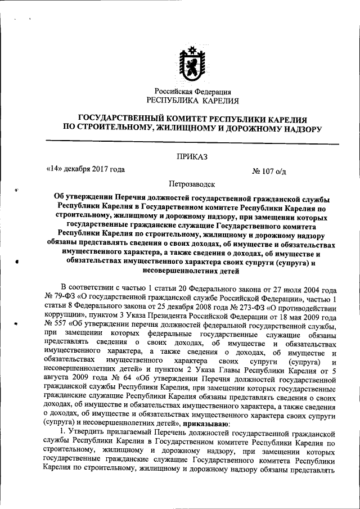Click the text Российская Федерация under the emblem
[193, 92]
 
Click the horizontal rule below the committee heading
[192, 143]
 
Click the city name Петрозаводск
[192, 183]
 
